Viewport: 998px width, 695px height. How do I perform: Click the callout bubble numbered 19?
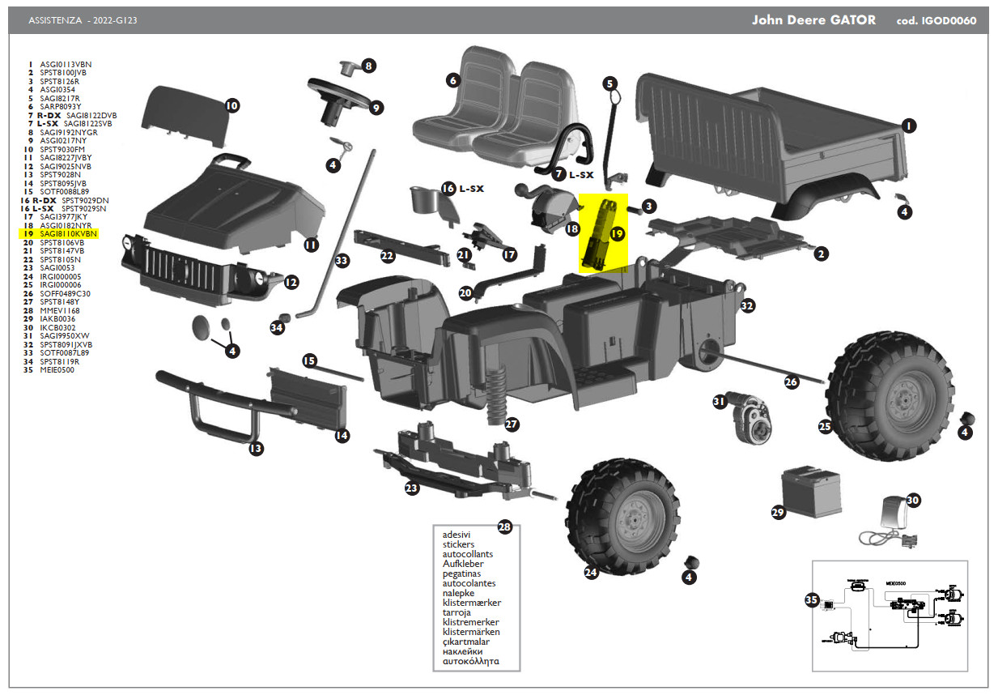coord(618,234)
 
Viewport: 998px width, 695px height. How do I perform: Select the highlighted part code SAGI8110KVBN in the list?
coord(68,233)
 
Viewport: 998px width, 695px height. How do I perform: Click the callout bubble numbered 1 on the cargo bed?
coord(908,126)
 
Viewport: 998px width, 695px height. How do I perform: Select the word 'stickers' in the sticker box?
coord(458,544)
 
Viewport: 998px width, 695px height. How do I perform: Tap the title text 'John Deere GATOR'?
coord(813,20)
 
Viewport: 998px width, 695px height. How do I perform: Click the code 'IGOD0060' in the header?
coord(948,21)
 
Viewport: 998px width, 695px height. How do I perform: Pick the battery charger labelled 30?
coord(892,518)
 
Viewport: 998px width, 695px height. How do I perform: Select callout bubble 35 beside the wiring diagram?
coord(812,600)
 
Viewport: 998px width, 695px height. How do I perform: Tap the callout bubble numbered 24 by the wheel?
coord(591,573)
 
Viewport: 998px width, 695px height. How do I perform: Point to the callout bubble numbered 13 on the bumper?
coord(256,448)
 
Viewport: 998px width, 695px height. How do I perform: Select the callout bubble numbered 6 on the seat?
coord(453,80)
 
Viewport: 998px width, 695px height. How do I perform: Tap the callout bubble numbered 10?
coord(231,105)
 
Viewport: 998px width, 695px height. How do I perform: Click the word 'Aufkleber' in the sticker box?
coord(463,564)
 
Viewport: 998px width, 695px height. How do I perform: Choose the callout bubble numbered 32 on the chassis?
coord(747,305)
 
